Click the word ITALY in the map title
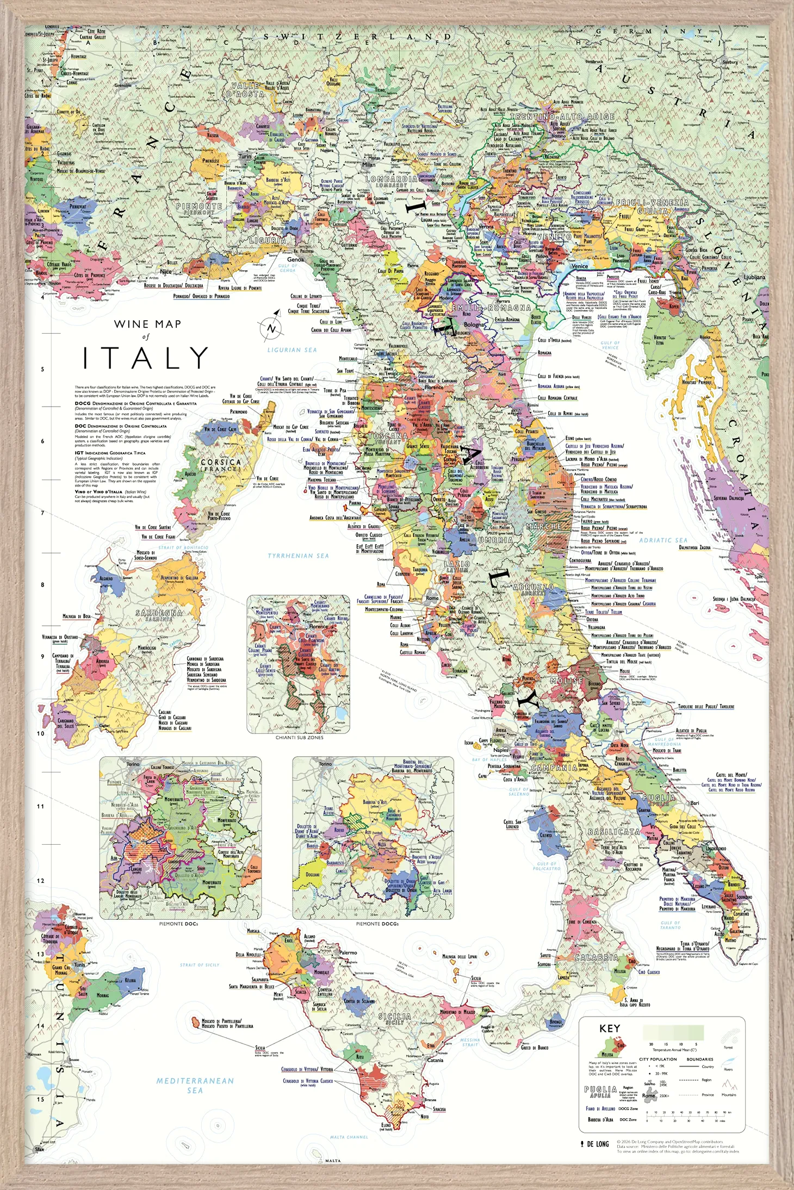[146, 358]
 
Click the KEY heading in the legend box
[609, 1029]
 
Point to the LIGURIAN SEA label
[292, 350]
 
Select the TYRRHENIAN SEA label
[298, 556]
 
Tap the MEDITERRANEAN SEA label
[195, 1086]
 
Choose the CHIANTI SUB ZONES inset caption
[299, 738]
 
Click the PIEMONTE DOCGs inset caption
[377, 924]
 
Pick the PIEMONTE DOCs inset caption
[178, 924]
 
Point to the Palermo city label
[348, 952]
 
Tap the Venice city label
[580, 266]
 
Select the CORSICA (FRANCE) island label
[220, 465]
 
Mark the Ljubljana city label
[754, 277]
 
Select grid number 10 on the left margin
[40, 733]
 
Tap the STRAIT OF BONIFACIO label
[183, 547]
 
